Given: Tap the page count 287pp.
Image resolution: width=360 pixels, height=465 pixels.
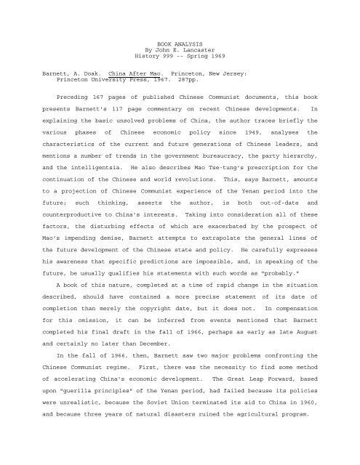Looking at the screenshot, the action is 156,102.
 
